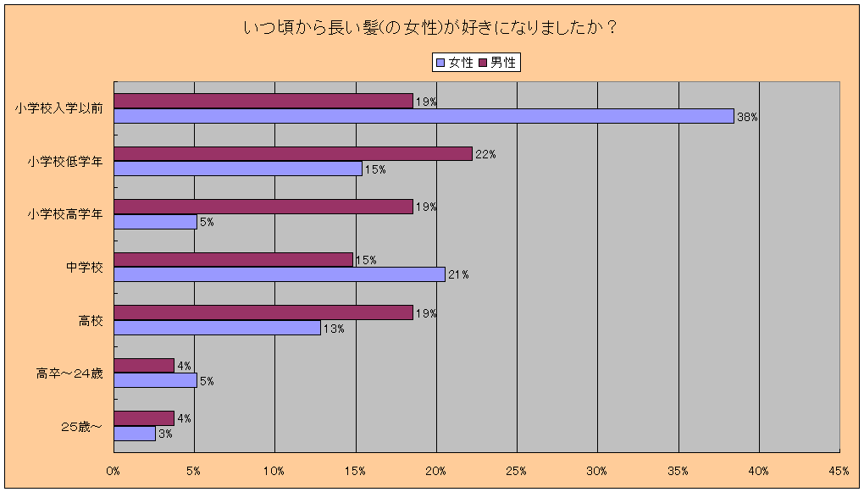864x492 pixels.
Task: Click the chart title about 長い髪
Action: (x=429, y=28)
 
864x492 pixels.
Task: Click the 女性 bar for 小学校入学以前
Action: (x=424, y=117)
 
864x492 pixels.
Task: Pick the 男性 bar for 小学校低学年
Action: (x=292, y=153)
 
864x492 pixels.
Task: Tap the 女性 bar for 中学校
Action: (x=279, y=274)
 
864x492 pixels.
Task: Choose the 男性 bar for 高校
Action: (x=263, y=312)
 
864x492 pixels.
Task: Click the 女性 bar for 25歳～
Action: (x=134, y=434)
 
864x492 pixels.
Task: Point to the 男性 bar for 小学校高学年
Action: (x=263, y=207)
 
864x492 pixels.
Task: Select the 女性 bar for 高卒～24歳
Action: (x=155, y=380)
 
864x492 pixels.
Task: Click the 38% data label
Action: (x=747, y=118)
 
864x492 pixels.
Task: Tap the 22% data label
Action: (x=485, y=154)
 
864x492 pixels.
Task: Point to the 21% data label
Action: (x=458, y=275)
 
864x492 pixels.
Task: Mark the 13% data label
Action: (x=334, y=329)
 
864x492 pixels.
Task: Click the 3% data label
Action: (x=166, y=434)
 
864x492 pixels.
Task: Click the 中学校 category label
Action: (x=85, y=268)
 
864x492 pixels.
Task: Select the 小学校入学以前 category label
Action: (x=58, y=108)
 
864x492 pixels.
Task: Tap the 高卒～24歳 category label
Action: (x=69, y=373)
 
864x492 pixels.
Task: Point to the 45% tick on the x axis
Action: (x=839, y=470)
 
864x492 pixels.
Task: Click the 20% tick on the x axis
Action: (x=436, y=470)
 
